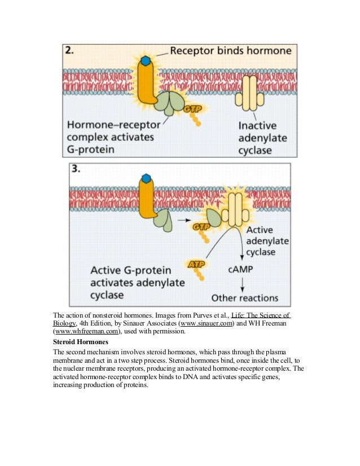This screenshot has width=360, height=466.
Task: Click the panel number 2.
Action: point(70,51)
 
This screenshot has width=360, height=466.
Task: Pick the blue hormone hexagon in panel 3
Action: point(146,179)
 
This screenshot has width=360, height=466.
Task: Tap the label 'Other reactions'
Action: point(244,297)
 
